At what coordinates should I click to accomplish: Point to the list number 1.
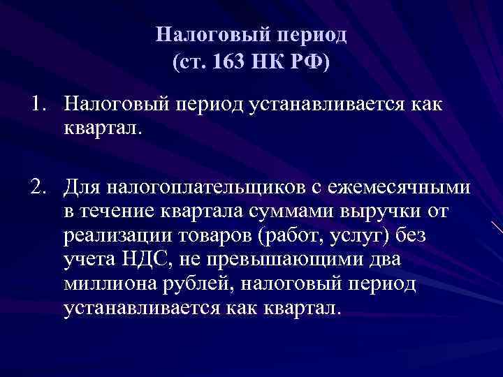[37, 104]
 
